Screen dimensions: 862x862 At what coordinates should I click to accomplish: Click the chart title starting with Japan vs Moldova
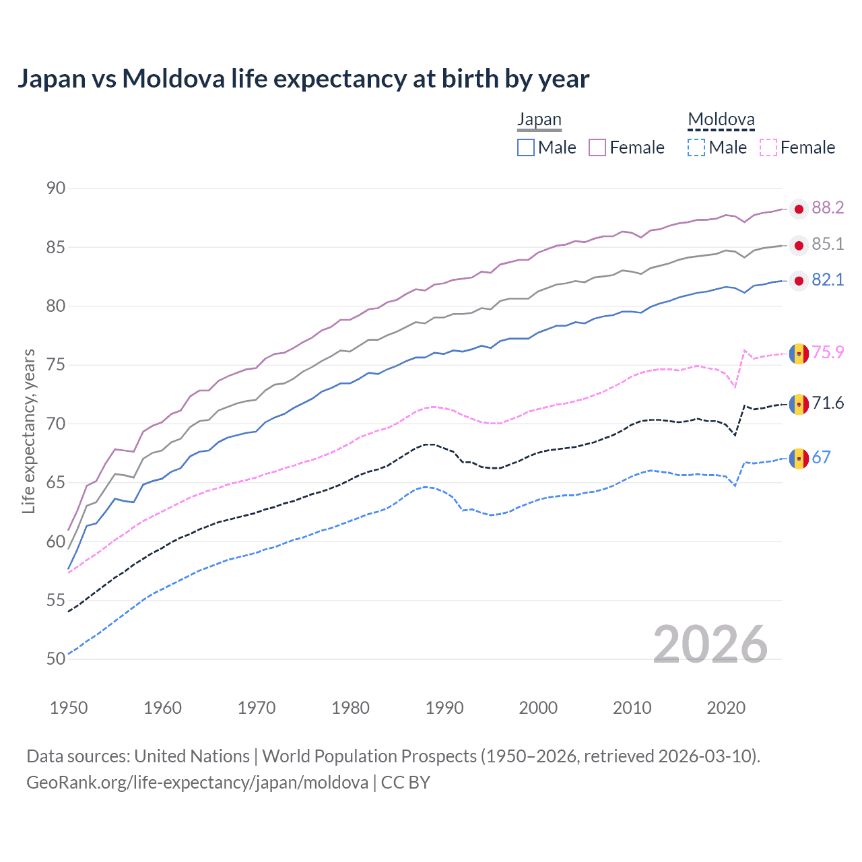(303, 79)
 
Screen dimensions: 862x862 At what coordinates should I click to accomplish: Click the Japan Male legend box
(526, 147)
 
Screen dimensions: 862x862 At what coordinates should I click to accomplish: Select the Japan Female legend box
(597, 147)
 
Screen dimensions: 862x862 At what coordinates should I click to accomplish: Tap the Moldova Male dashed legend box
(696, 147)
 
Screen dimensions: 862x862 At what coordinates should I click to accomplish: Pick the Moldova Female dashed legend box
(768, 147)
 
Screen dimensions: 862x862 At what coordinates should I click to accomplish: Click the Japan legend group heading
(539, 120)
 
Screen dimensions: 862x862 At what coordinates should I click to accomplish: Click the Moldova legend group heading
(721, 120)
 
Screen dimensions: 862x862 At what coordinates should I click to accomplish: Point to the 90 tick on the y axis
(56, 189)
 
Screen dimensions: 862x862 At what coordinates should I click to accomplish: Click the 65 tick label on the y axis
(56, 483)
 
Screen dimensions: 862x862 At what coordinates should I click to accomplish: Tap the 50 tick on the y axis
(56, 659)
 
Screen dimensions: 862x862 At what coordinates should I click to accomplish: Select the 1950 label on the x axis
(69, 708)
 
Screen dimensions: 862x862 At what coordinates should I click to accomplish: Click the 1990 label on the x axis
(444, 708)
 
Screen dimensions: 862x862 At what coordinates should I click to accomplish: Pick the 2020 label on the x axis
(726, 708)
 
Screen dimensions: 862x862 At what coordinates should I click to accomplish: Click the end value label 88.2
(828, 208)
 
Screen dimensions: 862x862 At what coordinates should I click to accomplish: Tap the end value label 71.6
(828, 403)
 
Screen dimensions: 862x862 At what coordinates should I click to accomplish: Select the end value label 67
(821, 458)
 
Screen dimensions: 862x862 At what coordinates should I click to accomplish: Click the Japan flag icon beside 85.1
(799, 246)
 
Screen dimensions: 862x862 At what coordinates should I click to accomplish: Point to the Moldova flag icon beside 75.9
(799, 354)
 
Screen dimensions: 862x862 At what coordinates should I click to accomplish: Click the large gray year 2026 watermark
(710, 644)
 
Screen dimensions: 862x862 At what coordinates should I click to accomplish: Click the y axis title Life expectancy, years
(28, 431)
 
